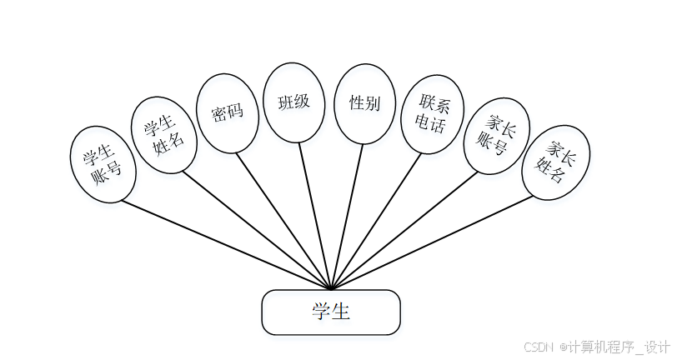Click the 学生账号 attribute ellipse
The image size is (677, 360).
102,164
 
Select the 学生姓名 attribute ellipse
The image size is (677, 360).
165,136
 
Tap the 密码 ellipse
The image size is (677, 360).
228,112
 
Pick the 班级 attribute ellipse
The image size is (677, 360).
293,102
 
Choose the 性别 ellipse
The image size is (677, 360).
365,103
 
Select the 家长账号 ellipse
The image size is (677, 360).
496,135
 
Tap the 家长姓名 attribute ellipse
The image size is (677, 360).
556,163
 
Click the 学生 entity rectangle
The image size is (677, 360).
331,312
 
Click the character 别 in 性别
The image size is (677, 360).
373,103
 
